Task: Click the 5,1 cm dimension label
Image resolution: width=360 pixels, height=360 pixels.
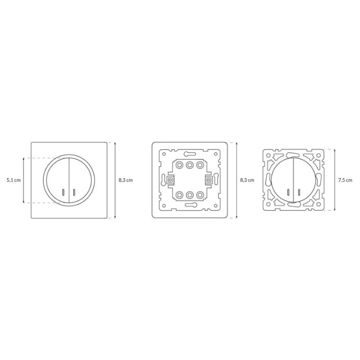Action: coord(13,180)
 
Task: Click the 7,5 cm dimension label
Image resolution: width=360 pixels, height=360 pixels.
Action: coord(345,180)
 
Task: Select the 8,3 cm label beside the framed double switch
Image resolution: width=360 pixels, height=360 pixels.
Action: coord(126,180)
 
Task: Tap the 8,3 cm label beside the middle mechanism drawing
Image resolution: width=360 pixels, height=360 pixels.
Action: coord(247,180)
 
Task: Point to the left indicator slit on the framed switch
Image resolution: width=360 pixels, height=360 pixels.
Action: coord(63,192)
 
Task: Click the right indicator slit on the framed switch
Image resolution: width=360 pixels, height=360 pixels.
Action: coord(74,192)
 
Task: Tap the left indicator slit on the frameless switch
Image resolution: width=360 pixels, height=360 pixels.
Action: coord(288,192)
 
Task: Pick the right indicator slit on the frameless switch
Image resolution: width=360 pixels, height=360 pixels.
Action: coord(299,192)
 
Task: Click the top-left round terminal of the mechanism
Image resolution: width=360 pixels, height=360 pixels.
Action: coord(179,165)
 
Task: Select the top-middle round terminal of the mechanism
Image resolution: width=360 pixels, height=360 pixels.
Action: coord(189,165)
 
